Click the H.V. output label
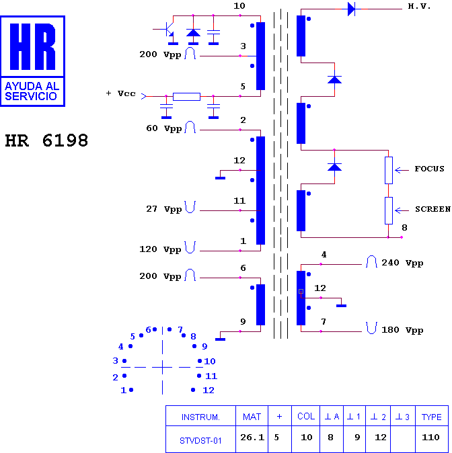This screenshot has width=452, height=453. pos(419,6)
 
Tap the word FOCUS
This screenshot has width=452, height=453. pos(429,169)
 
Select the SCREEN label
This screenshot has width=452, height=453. pos(433,209)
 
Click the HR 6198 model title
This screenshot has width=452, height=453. pos(46,140)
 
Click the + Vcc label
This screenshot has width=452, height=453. pos(121,93)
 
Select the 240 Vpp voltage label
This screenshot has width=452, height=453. pos(402,263)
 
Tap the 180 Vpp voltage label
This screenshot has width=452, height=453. pos(402,330)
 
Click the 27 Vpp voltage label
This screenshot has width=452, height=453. pos(163,209)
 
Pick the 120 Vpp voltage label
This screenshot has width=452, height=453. pos(160,249)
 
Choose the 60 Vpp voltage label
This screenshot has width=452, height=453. pos(163,128)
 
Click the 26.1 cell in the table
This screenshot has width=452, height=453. pos(252,438)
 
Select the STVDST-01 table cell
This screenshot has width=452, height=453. pos(200,441)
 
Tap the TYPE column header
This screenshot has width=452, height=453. pos(431,417)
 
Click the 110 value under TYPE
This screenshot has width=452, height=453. pos(430,438)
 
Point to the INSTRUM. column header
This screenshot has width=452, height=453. pos(200,417)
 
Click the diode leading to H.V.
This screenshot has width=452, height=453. pos(351,9)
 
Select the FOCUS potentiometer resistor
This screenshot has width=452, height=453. pos(388,170)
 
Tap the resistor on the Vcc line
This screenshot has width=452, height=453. pos(186,97)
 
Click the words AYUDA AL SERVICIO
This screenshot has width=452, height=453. pos(32,91)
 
